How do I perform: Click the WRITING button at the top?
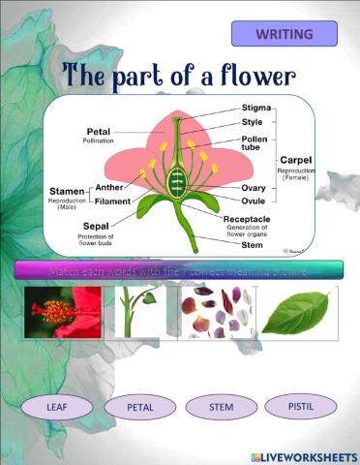(284, 34)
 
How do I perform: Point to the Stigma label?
(256, 108)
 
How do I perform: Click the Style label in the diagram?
(253, 123)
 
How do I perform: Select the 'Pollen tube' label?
(255, 143)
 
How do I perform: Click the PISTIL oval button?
(300, 405)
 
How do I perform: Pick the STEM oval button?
(221, 407)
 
